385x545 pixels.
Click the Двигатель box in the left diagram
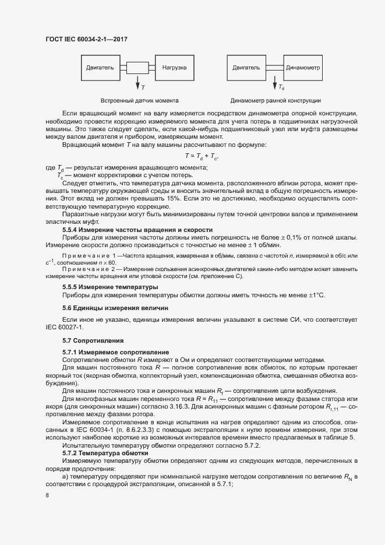pyautogui.click(x=100, y=68)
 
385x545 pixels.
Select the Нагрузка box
pyautogui.click(x=174, y=68)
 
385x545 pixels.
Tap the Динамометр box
pyautogui.click(x=303, y=68)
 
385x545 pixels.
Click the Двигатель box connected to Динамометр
pyautogui.click(x=246, y=68)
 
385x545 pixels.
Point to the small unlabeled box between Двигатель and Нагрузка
pyautogui.click(x=137, y=68)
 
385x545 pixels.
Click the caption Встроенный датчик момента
pyautogui.click(x=140, y=100)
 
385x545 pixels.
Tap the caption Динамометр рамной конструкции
pyautogui.click(x=275, y=100)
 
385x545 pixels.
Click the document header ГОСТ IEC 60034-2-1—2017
pyautogui.click(x=86, y=39)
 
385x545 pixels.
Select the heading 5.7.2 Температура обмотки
pyautogui.click(x=105, y=453)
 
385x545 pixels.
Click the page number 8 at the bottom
pyautogui.click(x=47, y=495)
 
